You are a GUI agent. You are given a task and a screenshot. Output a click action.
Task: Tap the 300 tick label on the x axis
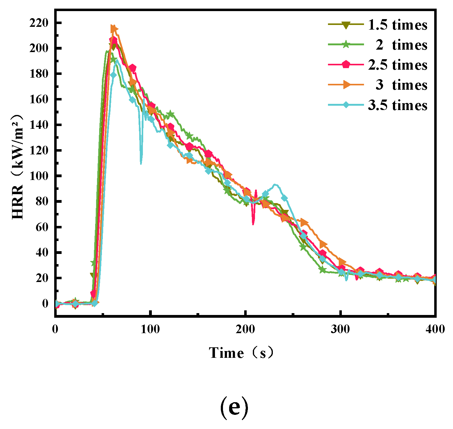[340, 329]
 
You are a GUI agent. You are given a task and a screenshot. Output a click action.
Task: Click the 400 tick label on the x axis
[435, 329]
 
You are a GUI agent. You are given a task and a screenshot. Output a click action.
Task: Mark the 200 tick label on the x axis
[245, 329]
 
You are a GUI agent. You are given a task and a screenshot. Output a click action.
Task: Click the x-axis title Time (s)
[241, 353]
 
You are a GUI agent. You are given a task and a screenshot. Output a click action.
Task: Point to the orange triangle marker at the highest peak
[114, 29]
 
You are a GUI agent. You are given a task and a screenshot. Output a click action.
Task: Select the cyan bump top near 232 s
[275, 185]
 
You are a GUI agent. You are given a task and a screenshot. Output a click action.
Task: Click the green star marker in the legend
[346, 45]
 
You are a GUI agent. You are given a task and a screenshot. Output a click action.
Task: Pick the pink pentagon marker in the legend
[346, 65]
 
